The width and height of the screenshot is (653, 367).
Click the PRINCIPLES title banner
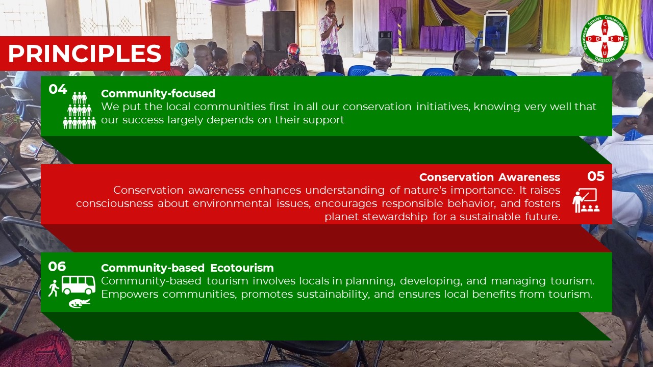[x=85, y=54]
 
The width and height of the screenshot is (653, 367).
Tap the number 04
[x=58, y=89]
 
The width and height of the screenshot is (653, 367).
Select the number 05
[x=596, y=176]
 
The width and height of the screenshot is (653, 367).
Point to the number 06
[x=57, y=267]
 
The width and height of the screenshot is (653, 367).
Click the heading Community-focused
[x=158, y=93]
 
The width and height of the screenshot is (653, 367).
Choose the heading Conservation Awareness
[x=490, y=177]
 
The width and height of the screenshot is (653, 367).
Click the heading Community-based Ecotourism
[x=187, y=268]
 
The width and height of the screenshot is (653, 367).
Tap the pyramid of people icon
[x=79, y=110]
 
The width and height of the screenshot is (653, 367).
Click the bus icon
[x=79, y=285]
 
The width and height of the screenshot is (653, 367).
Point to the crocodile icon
[x=80, y=303]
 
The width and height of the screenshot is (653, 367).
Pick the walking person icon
[x=54, y=289]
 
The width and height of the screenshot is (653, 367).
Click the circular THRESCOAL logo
[x=605, y=38]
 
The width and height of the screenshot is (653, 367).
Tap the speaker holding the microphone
[x=332, y=36]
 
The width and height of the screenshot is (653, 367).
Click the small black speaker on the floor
[x=385, y=42]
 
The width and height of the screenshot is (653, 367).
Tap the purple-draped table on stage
[x=442, y=38]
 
